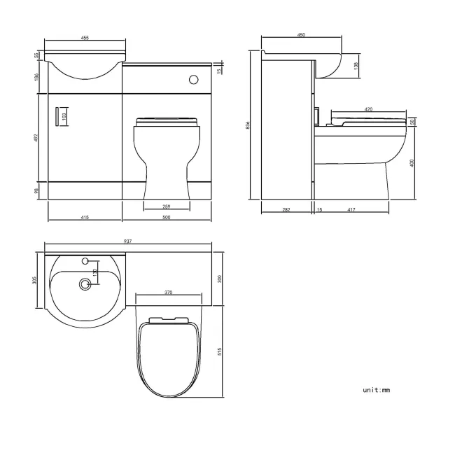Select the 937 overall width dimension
tap(128, 241)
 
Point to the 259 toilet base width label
tap(166, 206)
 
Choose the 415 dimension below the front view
tap(84, 218)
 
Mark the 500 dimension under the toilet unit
tap(167, 218)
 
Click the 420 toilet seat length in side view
tap(369, 108)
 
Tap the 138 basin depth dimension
tap(356, 65)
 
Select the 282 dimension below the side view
tap(286, 209)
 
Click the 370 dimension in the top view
tap(169, 292)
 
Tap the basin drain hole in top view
tap(86, 284)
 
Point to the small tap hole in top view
tap(86, 261)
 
